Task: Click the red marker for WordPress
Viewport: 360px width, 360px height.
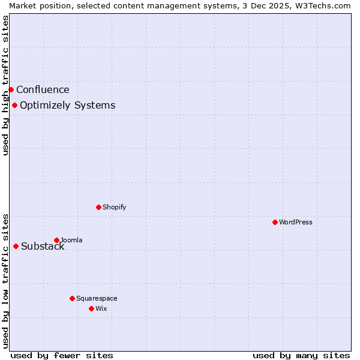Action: pos(275,222)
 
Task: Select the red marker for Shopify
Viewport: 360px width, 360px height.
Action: pos(98,207)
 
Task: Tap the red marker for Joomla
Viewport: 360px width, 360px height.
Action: pos(56,240)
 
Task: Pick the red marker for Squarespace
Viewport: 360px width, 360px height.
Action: pos(72,298)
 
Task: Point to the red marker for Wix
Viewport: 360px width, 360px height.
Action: pos(91,308)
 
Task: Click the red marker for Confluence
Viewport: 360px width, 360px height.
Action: pos(11,89)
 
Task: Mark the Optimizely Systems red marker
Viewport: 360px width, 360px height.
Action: pos(14,105)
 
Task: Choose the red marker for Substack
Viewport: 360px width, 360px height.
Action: pos(16,246)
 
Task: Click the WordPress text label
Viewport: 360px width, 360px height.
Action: pos(296,222)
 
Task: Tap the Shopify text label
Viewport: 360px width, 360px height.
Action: pos(114,207)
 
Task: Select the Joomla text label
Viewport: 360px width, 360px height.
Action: pos(71,240)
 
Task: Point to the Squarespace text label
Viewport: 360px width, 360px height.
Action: pos(97,298)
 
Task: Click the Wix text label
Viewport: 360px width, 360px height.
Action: pos(101,308)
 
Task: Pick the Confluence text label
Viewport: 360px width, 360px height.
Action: pos(43,90)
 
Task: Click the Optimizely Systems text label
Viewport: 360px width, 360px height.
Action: pos(67,106)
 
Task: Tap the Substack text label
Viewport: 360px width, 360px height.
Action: pos(43,247)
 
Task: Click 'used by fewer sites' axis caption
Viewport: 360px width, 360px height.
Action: pos(62,355)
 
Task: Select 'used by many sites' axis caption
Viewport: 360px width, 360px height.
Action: pos(301,355)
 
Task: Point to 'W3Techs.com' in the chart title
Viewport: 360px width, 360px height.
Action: pos(326,5)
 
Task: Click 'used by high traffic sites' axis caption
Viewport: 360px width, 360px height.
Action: pos(5,85)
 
